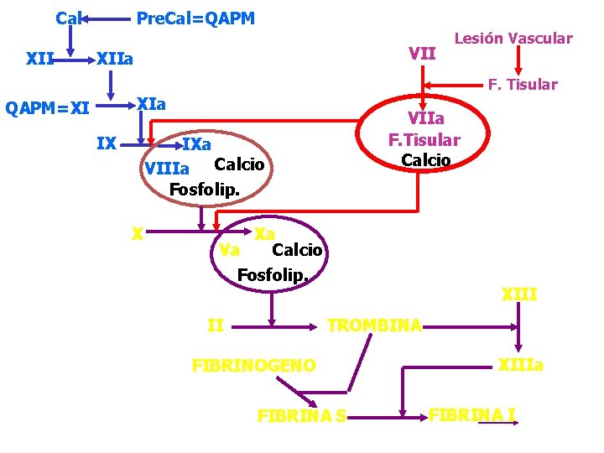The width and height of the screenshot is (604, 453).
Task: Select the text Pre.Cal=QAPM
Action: [x=195, y=18]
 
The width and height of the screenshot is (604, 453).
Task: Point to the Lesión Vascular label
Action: [x=513, y=38]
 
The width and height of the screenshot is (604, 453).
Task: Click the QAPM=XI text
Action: [x=47, y=107]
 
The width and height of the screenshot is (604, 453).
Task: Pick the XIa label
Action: [x=151, y=104]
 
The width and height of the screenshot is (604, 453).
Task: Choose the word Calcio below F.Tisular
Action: [x=425, y=159]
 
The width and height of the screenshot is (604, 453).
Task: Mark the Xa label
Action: [x=265, y=233]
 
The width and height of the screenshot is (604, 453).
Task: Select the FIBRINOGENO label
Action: [x=254, y=365]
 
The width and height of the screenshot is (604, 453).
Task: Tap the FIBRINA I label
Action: [x=471, y=413]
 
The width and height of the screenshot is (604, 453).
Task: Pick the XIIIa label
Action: [x=521, y=365]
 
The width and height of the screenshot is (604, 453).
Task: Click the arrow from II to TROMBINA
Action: [x=277, y=325]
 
